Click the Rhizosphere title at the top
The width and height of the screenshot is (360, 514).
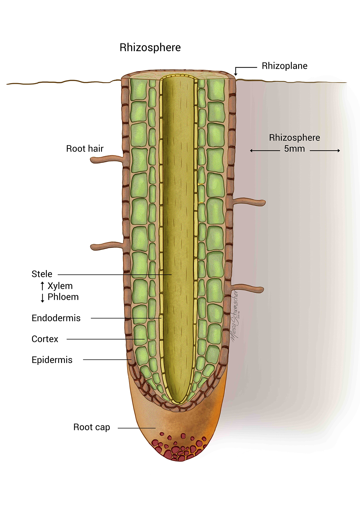150,47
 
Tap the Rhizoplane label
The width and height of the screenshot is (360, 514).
284,66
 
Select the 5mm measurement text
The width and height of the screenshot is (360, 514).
294,149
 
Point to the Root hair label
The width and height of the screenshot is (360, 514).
85,149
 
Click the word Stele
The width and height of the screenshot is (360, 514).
42,274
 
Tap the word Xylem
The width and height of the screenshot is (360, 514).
60,286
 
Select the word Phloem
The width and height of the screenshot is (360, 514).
63,297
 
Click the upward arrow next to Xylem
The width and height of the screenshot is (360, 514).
42,286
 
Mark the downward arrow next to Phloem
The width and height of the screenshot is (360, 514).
42,298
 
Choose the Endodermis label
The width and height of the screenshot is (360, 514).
56,318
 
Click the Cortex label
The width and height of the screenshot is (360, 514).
45,339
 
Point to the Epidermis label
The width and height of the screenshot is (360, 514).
52,360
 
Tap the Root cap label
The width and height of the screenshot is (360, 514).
92,427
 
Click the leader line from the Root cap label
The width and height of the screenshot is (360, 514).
136,428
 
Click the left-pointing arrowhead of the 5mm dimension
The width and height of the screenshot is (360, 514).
251,150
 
